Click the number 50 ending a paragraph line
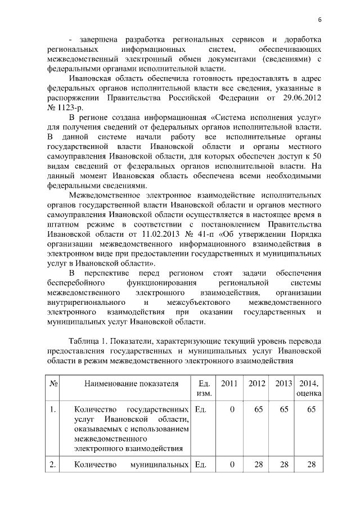coord(317,156)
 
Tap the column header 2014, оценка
coord(308,389)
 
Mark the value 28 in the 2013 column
coord(284,465)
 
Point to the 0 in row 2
coord(231,465)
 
